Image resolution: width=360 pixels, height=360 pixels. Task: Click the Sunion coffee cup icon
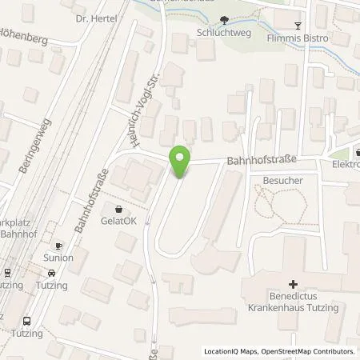pyautogui.click(x=58, y=246)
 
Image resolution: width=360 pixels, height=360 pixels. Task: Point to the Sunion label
pyautogui.click(x=58, y=258)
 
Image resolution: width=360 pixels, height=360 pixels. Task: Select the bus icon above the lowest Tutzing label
pyautogui.click(x=26, y=318)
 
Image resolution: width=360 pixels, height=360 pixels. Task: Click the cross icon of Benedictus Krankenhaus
pyautogui.click(x=293, y=284)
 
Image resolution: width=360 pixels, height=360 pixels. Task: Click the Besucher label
pyautogui.click(x=282, y=181)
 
